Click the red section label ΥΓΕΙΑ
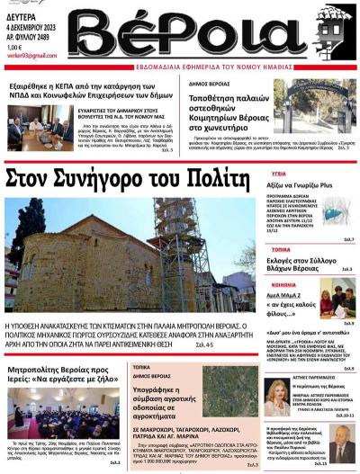click(279, 172)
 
